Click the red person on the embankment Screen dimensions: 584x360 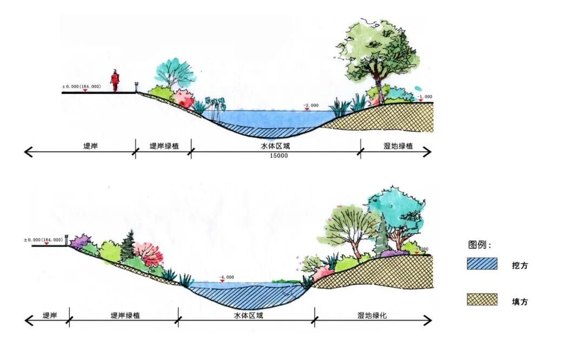(x=115, y=81)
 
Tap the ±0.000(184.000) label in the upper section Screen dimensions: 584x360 (x=82, y=86)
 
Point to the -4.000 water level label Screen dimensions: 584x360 (x=227, y=277)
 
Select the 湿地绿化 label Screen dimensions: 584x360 (x=373, y=315)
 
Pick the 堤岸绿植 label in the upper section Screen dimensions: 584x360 (x=164, y=146)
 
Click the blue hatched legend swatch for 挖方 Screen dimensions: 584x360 (x=482, y=264)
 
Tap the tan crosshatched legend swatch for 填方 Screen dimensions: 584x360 (x=482, y=299)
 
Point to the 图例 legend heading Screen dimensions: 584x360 (x=480, y=245)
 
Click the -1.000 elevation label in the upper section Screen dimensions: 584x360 (x=424, y=97)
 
